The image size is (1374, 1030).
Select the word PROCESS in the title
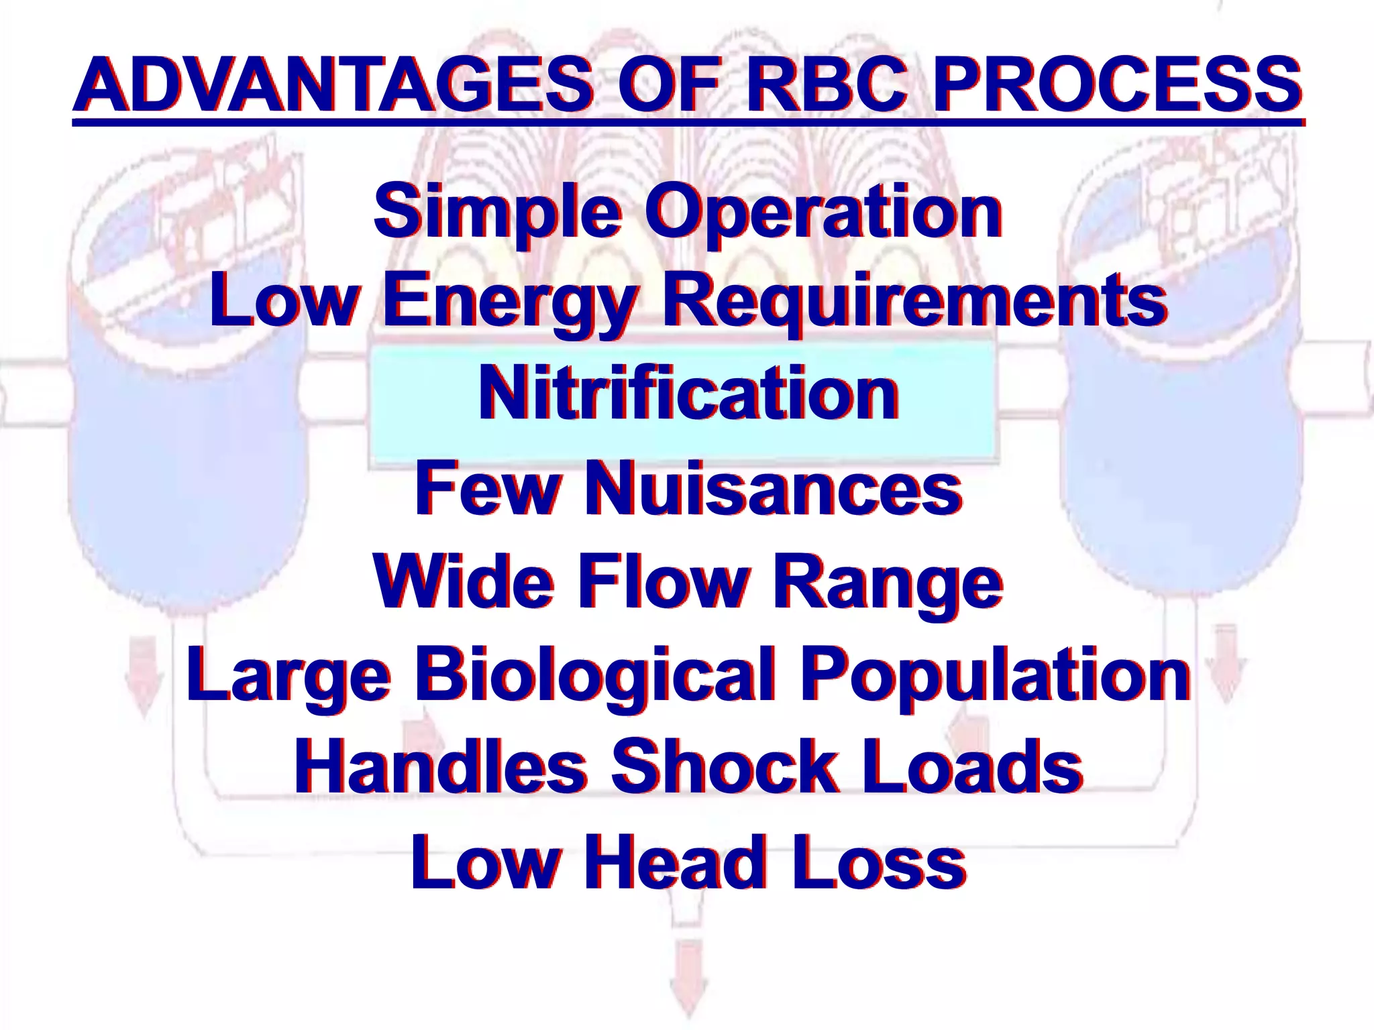pyautogui.click(x=1117, y=85)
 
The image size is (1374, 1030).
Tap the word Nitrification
pyautogui.click(x=688, y=395)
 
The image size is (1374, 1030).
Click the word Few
pyautogui.click(x=487, y=489)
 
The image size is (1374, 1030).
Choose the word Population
pyautogui.click(x=996, y=676)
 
